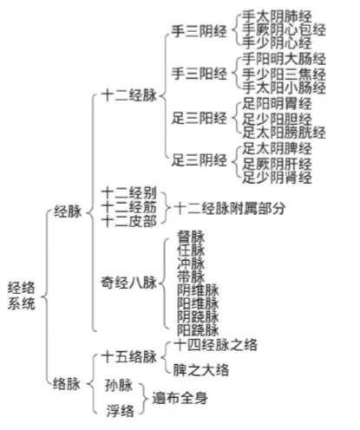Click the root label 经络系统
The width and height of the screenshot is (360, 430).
22,296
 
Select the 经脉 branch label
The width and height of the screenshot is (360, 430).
69,212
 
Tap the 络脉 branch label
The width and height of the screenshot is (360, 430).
67,384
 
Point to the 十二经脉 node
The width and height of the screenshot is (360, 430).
129,95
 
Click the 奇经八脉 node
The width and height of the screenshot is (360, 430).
129,283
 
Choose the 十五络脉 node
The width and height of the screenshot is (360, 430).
129,356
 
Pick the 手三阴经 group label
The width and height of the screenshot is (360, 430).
200,31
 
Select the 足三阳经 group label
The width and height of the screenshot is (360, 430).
200,118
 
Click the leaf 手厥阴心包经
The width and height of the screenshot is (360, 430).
284,29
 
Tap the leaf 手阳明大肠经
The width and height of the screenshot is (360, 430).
284,59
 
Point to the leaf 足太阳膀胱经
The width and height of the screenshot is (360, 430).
284,133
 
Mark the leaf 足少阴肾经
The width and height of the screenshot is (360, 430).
277,177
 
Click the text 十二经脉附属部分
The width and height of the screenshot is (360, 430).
230,208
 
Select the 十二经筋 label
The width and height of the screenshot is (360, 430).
129,207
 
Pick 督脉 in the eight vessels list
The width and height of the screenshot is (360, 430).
191,237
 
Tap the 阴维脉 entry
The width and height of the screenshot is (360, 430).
198,290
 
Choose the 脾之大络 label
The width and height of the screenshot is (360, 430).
201,370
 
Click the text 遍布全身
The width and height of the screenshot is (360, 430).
180,398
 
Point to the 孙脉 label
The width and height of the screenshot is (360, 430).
119,385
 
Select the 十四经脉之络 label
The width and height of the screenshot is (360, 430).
215,345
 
